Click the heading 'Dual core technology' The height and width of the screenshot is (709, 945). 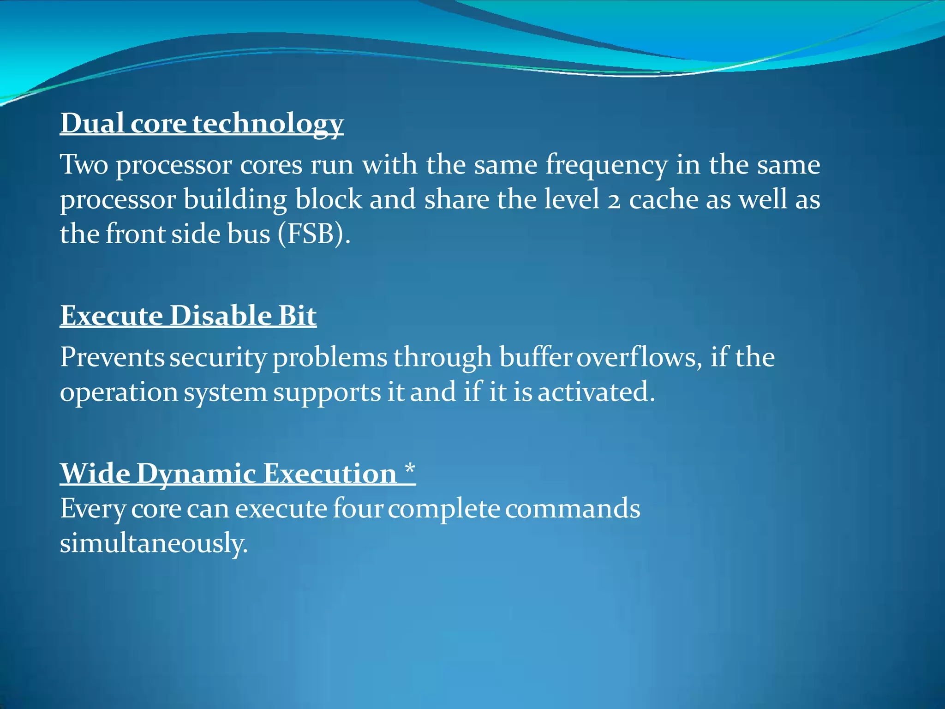(x=202, y=124)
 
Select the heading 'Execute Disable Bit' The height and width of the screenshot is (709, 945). (x=188, y=316)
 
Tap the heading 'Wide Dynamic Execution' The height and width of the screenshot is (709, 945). (x=228, y=474)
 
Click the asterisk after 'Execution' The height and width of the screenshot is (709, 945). (x=410, y=471)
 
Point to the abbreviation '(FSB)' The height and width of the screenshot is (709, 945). (x=314, y=234)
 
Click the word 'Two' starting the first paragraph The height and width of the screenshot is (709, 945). (x=84, y=164)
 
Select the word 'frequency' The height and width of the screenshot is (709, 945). (x=606, y=165)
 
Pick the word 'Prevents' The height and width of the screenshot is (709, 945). (x=112, y=357)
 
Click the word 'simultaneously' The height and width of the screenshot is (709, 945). (x=154, y=543)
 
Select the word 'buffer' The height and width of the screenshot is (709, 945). (x=536, y=357)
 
